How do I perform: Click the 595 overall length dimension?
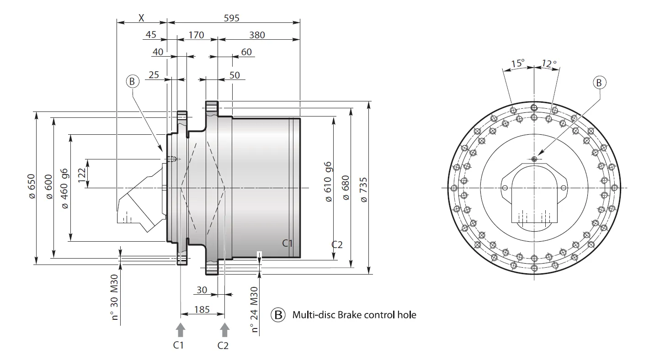pyautogui.click(x=232, y=18)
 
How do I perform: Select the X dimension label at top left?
pyautogui.click(x=141, y=18)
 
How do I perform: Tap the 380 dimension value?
pyautogui.click(x=257, y=35)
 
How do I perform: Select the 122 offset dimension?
pyautogui.click(x=82, y=174)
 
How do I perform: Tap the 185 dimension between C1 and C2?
pyautogui.click(x=202, y=309)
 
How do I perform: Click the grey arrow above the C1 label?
pyautogui.click(x=181, y=329)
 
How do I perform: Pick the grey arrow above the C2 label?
pyautogui.click(x=224, y=329)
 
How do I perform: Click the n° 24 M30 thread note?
pyautogui.click(x=255, y=309)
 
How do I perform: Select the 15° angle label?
pyautogui.click(x=518, y=63)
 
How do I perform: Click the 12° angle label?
pyautogui.click(x=549, y=64)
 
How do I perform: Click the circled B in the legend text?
pyautogui.click(x=278, y=315)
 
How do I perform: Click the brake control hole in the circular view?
pyautogui.click(x=534, y=159)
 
